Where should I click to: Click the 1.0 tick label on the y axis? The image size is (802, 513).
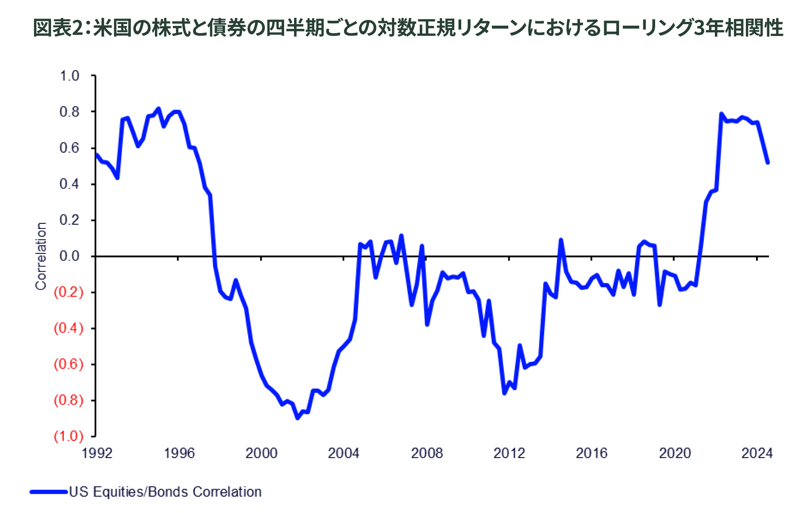point(69,76)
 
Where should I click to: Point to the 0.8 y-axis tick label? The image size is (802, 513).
point(69,112)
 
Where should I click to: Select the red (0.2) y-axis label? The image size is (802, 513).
point(68,292)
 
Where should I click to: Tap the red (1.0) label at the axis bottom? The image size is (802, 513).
point(68,436)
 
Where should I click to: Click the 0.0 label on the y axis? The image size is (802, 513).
point(69,256)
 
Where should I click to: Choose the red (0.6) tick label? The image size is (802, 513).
point(68,364)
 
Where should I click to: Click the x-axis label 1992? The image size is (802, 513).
point(97,453)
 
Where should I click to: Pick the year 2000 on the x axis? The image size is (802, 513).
point(261,453)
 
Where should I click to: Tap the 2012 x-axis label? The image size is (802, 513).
point(509,453)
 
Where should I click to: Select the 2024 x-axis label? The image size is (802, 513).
point(757,453)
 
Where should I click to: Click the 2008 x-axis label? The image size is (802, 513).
point(427,453)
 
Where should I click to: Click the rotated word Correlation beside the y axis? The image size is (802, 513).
point(41,256)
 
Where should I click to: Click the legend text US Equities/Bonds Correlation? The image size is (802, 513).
point(165,492)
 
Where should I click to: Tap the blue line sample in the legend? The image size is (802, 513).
point(49,492)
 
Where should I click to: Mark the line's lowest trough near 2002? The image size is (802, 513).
point(298,418)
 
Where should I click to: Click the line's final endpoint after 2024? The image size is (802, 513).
point(768,163)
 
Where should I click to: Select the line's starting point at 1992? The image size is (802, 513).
point(96,154)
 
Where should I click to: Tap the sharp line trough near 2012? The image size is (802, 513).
point(504,394)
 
